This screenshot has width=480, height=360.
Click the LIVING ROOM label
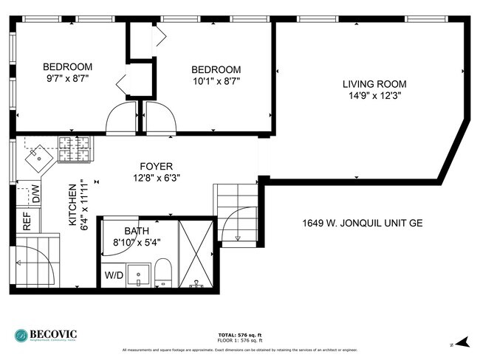[x=374, y=84]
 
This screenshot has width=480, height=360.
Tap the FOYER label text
[x=157, y=166]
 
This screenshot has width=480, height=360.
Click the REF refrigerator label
[x=27, y=222]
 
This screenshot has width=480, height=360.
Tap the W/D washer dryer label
[x=114, y=276]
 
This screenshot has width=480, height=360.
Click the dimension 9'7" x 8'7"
[x=66, y=77]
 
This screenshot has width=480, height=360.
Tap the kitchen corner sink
[x=36, y=156]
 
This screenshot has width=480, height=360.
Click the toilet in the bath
[x=165, y=274]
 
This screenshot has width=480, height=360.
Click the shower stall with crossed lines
[x=195, y=253]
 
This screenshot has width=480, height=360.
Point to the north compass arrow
[x=462, y=342]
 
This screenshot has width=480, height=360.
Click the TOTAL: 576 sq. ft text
[x=239, y=335]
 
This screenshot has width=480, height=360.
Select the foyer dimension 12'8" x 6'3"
[x=157, y=178]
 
